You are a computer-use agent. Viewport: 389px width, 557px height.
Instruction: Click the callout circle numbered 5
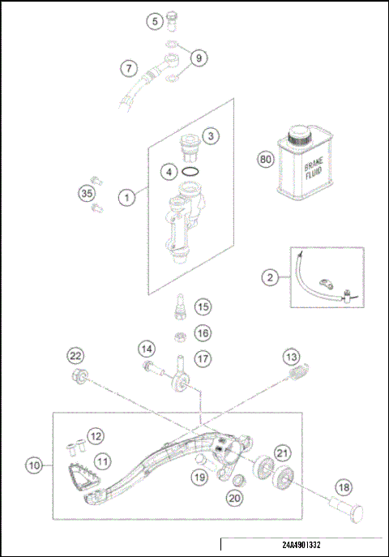[x=154, y=21]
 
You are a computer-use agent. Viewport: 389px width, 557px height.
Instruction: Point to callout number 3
[x=209, y=135]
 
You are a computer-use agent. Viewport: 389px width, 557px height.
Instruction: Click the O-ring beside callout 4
[x=190, y=173]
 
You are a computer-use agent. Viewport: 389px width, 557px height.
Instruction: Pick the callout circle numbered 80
[x=264, y=160]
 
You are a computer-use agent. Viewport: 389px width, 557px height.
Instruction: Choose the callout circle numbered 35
[x=87, y=193]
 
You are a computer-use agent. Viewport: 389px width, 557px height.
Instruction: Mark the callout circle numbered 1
[x=126, y=196]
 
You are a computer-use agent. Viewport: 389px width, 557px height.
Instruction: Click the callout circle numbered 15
[x=202, y=306]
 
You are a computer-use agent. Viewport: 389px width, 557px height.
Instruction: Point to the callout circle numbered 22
[x=75, y=357]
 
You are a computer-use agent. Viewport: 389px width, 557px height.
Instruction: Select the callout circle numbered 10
[x=33, y=466]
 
